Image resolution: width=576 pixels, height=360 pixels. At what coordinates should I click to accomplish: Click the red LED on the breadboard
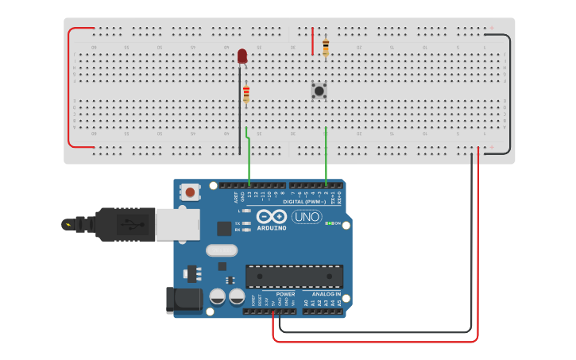click(242, 56)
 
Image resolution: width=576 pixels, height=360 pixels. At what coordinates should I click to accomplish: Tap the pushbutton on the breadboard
click(319, 91)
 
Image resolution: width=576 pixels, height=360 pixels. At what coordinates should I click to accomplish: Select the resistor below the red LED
click(246, 94)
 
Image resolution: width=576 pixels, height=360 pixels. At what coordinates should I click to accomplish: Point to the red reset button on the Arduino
click(191, 192)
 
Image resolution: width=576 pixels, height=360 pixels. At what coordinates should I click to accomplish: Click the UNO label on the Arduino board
click(307, 216)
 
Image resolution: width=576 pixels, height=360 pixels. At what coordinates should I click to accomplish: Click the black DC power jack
click(181, 300)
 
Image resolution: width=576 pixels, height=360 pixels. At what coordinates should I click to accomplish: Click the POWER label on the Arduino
click(285, 294)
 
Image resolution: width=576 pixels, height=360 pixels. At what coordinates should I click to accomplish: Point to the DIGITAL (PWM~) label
click(311, 201)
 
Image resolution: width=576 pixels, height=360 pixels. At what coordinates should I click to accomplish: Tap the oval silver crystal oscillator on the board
click(222, 250)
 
